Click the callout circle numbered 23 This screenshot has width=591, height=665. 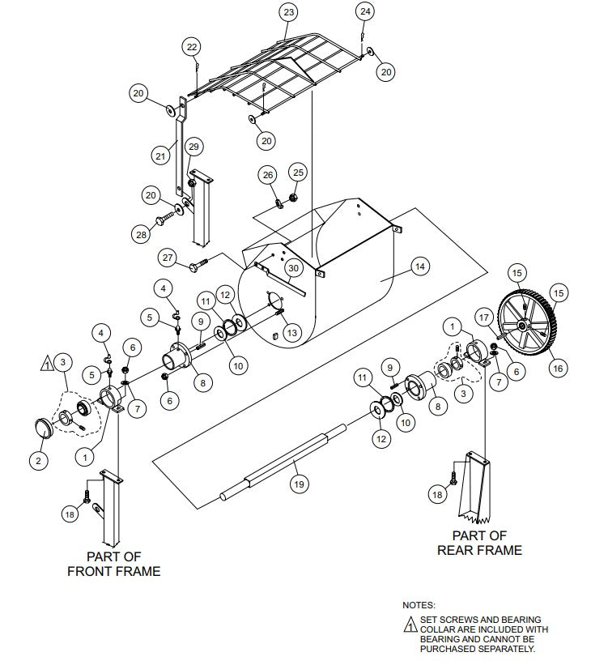[288, 12]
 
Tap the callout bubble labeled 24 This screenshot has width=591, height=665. [365, 11]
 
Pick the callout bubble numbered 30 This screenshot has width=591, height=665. [293, 267]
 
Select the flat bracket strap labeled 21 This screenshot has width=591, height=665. [179, 162]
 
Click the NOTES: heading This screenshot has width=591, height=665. [419, 604]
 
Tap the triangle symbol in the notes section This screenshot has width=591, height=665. [410, 624]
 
